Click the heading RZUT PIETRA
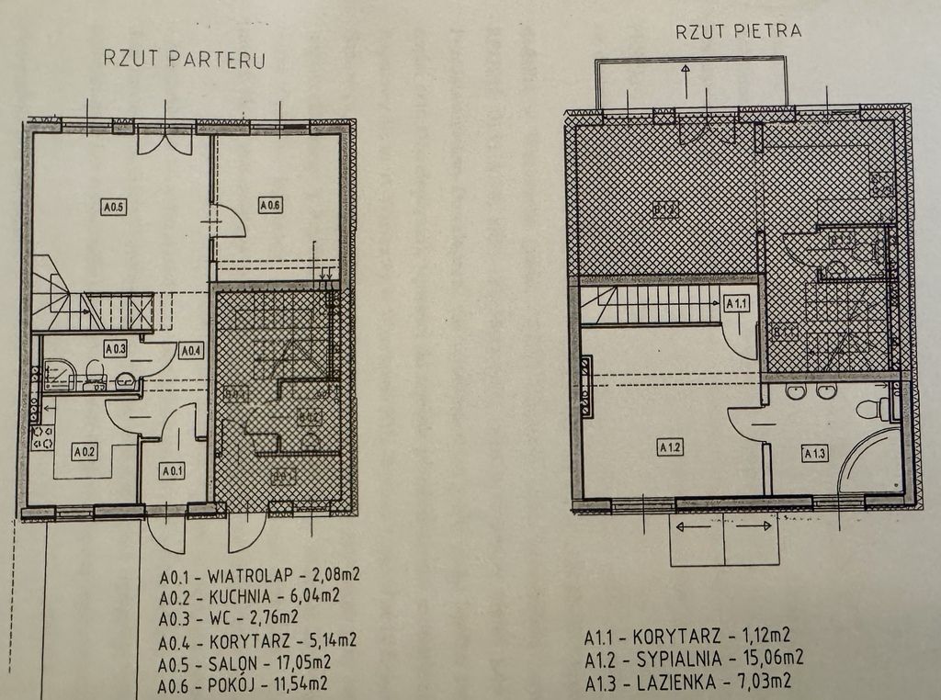(x=738, y=29)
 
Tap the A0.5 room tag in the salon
(x=114, y=207)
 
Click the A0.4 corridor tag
(x=190, y=350)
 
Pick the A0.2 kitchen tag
(x=85, y=451)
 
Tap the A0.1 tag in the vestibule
(x=172, y=471)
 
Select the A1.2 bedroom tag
(x=669, y=447)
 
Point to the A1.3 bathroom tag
(x=815, y=452)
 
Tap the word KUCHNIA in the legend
(x=239, y=595)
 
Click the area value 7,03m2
(x=757, y=680)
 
